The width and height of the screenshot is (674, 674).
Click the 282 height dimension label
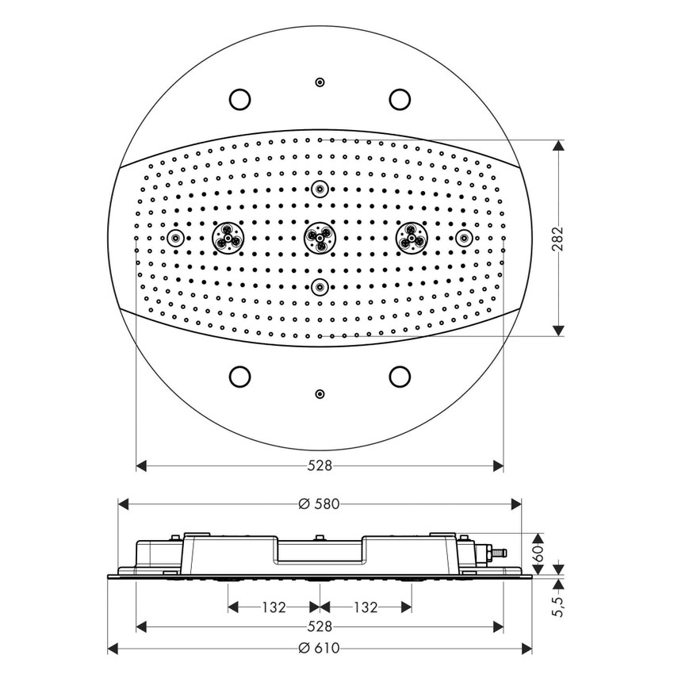(x=558, y=238)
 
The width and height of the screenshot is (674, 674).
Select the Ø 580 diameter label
(x=320, y=504)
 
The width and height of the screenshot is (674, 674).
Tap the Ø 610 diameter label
(x=320, y=649)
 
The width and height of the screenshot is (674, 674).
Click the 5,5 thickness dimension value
(x=558, y=608)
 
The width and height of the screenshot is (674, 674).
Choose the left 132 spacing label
(x=274, y=607)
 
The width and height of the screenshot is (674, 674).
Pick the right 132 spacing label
(x=365, y=607)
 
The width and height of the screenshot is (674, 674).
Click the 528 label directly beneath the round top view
(x=320, y=466)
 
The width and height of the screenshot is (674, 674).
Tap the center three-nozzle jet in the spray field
(x=320, y=237)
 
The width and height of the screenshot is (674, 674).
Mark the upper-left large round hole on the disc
(x=239, y=98)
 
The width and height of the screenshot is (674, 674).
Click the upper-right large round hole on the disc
(x=400, y=98)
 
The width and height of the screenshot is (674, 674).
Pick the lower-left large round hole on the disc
(x=239, y=376)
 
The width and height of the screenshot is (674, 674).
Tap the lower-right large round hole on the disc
(x=400, y=376)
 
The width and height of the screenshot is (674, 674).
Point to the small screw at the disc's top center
(x=320, y=82)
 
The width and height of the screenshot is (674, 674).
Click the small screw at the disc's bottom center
(x=320, y=393)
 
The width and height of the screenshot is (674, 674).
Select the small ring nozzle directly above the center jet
(x=320, y=189)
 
